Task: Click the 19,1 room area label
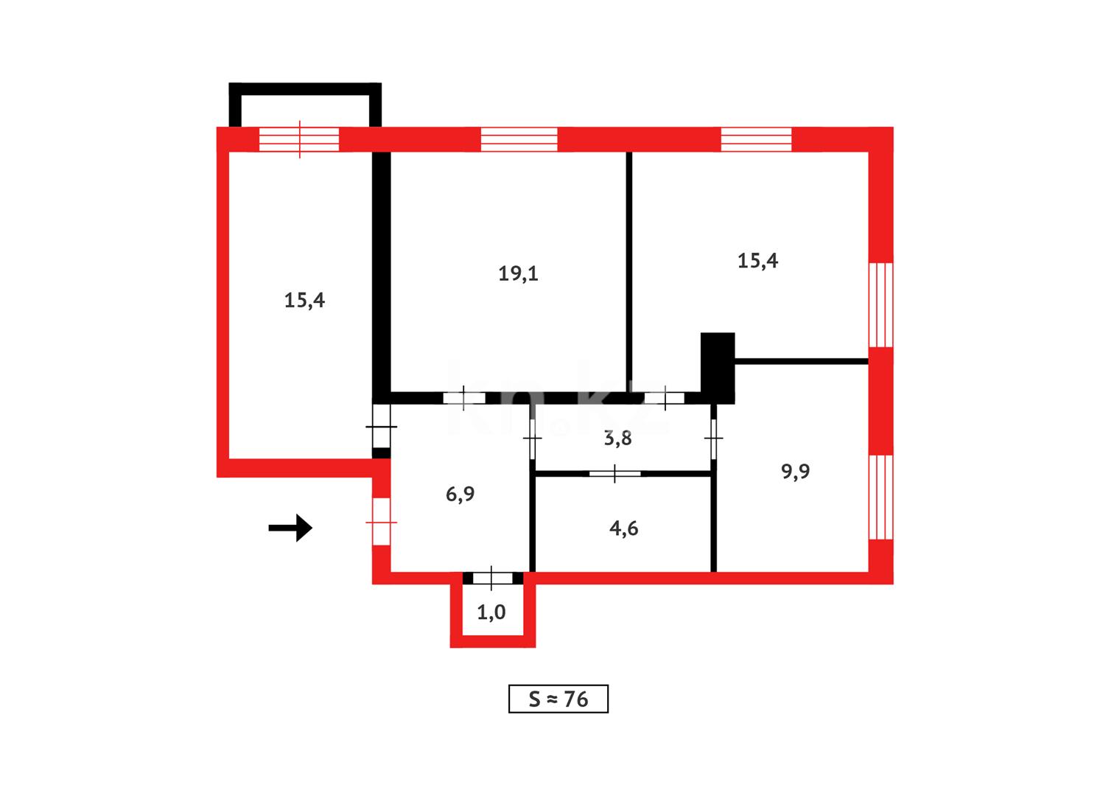pos(518,273)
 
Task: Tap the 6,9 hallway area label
pos(460,494)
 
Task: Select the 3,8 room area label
pos(617,439)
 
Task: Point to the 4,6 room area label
pos(623,528)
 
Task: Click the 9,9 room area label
pos(795,471)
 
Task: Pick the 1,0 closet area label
pos(491,612)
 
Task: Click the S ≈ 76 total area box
pos(558,699)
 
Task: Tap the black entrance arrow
pos(291,528)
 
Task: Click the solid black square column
pos(717,367)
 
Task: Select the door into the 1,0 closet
pos(491,578)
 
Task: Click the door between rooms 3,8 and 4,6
pos(614,473)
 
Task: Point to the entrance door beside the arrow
pos(381,522)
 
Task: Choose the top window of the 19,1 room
pos(519,139)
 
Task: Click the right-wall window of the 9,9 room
pos(880,497)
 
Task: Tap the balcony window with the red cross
pos(299,139)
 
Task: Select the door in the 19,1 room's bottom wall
pos(463,398)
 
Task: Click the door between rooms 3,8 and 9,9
pos(713,439)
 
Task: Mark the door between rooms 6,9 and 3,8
pos(532,439)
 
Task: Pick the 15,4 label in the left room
pos(304,300)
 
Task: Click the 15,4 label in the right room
pos(757,260)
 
